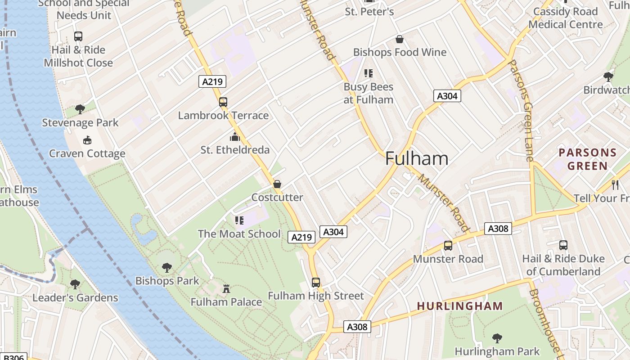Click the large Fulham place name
[417, 159]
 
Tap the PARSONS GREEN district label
[587, 159]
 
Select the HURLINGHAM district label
[459, 306]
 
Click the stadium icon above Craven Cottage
[87, 140]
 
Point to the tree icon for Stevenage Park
[80, 109]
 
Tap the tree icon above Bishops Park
[167, 267]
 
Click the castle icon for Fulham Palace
[226, 288]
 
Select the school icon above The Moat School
[239, 220]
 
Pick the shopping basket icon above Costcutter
[277, 184]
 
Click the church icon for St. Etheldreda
[235, 137]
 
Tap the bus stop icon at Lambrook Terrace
[223, 102]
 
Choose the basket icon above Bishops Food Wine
[399, 39]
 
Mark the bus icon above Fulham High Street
[316, 283]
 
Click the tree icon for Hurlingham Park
[497, 338]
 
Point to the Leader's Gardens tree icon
[75, 284]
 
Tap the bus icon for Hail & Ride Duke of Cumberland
[563, 245]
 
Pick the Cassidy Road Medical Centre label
[565, 18]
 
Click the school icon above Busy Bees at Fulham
[369, 73]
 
